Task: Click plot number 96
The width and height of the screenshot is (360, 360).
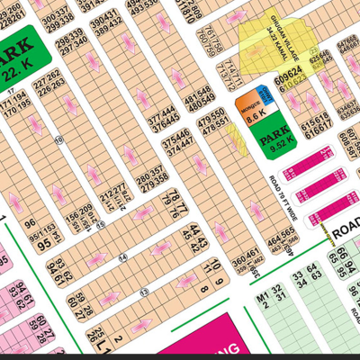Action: [29, 224]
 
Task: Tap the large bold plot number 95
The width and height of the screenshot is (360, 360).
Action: [44, 244]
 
